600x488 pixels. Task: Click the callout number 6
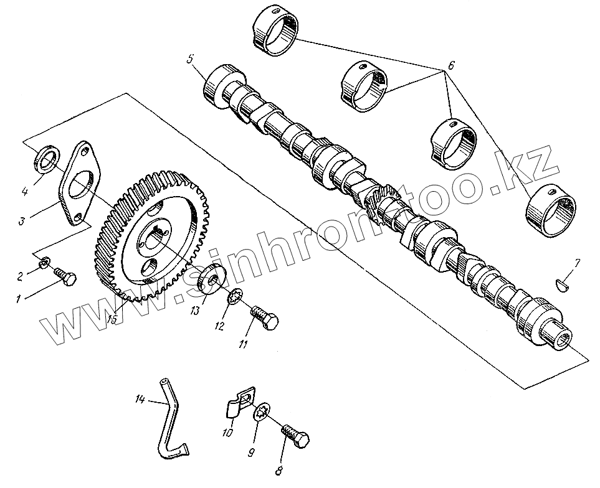pyautogui.click(x=452, y=65)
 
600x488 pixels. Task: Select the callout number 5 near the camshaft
pyautogui.click(x=190, y=60)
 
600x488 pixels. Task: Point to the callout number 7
pyautogui.click(x=577, y=263)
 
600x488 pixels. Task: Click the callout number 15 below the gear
pyautogui.click(x=113, y=319)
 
